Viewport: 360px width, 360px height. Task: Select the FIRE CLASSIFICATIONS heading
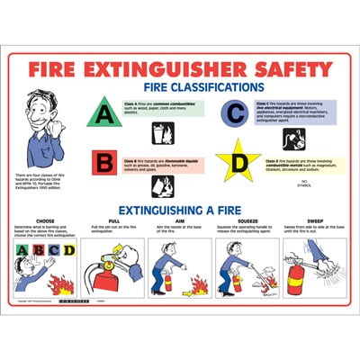199,88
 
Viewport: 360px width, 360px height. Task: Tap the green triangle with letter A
104,113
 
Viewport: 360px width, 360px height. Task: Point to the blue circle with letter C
235,112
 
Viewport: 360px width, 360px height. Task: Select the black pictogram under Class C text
293,139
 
